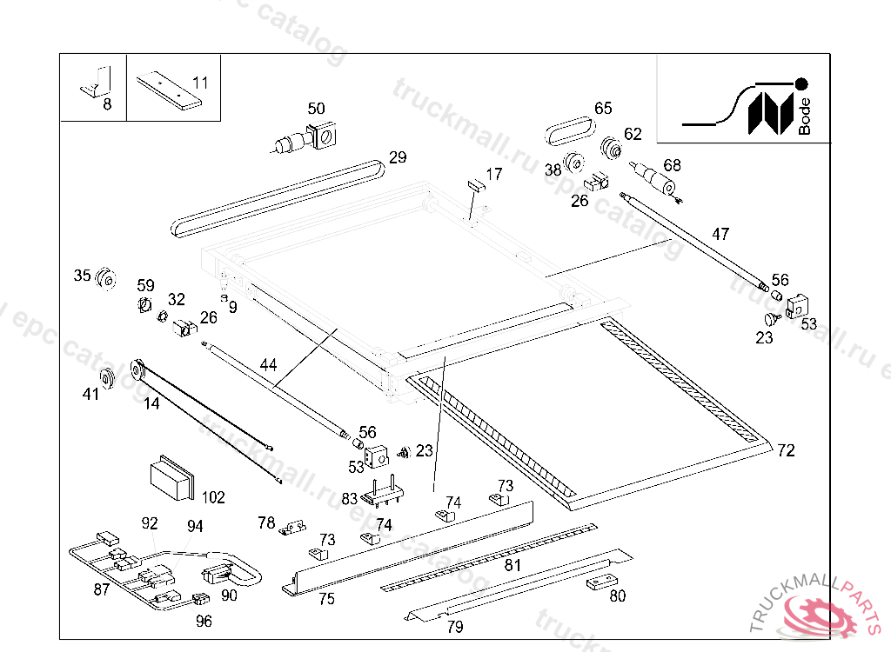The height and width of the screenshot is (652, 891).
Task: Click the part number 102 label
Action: pos(213,498)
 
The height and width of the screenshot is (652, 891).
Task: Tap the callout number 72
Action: pos(786,450)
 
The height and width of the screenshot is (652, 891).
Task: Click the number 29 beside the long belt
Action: pos(398,157)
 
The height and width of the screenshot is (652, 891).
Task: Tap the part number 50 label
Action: pos(316,109)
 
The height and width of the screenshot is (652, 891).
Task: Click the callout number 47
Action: pos(720,234)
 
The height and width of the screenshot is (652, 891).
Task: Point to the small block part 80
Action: pos(598,582)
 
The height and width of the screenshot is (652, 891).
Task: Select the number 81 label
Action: pos(512,565)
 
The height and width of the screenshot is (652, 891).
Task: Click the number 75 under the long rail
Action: pos(326,598)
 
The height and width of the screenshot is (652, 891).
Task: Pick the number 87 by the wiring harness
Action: pos(102,589)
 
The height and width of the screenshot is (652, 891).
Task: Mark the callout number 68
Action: pos(672,165)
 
